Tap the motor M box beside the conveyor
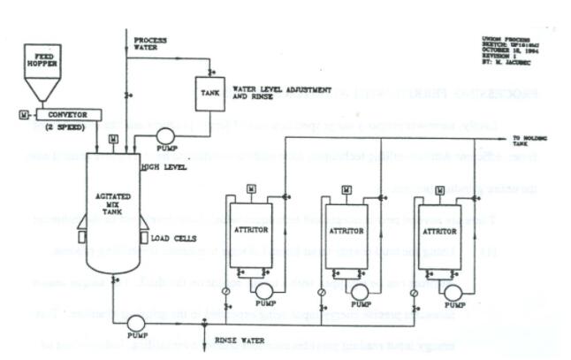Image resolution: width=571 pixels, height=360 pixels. click(x=21, y=115)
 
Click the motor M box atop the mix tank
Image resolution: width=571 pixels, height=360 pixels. click(x=112, y=139)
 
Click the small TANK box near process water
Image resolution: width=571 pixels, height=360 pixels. click(x=210, y=93)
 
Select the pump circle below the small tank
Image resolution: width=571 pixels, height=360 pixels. click(x=164, y=136)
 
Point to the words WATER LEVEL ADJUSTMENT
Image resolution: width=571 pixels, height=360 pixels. click(x=281, y=89)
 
